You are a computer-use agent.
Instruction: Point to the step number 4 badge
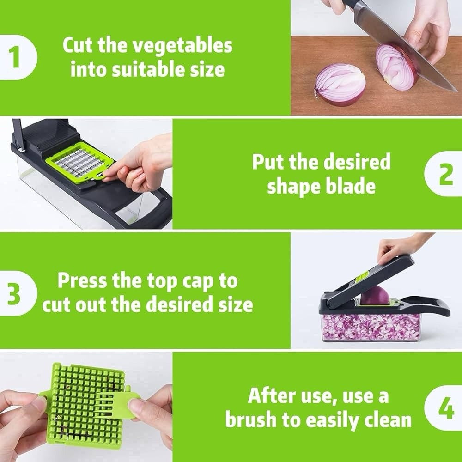[445, 409]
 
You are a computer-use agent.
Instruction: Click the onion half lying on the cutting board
[340, 84]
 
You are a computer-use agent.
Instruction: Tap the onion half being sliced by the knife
[395, 67]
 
